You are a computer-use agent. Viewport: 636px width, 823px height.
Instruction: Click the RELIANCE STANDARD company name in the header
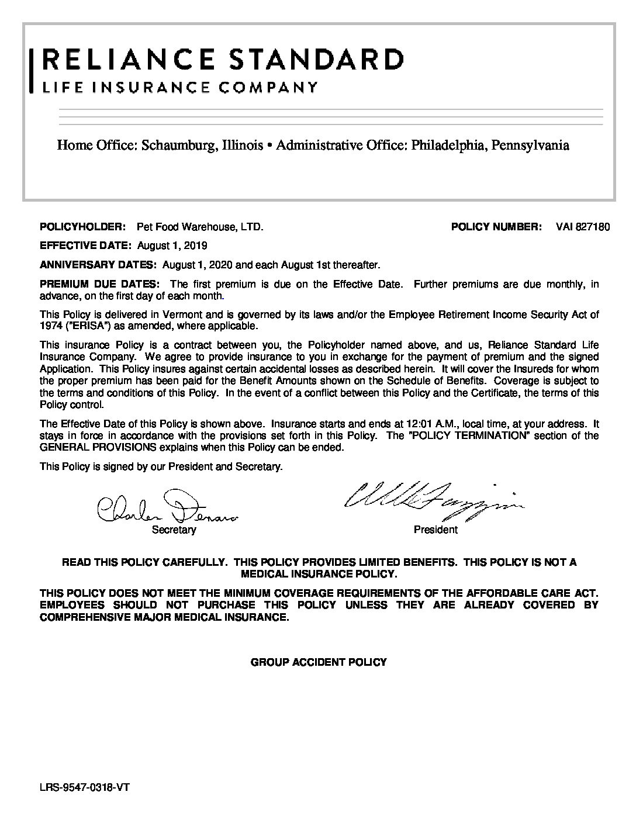click(x=222, y=60)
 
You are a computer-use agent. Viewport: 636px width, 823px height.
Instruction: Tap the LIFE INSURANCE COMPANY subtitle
click(x=180, y=88)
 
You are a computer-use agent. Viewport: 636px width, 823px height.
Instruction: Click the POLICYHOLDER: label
click(x=82, y=227)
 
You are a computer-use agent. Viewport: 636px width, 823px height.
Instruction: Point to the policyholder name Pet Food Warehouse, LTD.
click(x=200, y=227)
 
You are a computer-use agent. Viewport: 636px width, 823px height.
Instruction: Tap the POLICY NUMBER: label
click(x=496, y=227)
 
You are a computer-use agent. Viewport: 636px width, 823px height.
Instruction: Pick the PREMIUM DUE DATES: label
click(x=99, y=285)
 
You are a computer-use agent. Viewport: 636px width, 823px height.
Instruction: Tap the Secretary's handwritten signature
click(x=167, y=507)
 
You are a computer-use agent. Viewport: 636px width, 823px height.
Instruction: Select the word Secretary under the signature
click(x=174, y=530)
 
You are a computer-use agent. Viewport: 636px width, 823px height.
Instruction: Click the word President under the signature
click(x=435, y=530)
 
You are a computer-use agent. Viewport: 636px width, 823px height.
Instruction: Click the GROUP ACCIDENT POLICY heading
click(x=319, y=662)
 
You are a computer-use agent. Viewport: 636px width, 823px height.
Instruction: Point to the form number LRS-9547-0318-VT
click(x=84, y=787)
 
